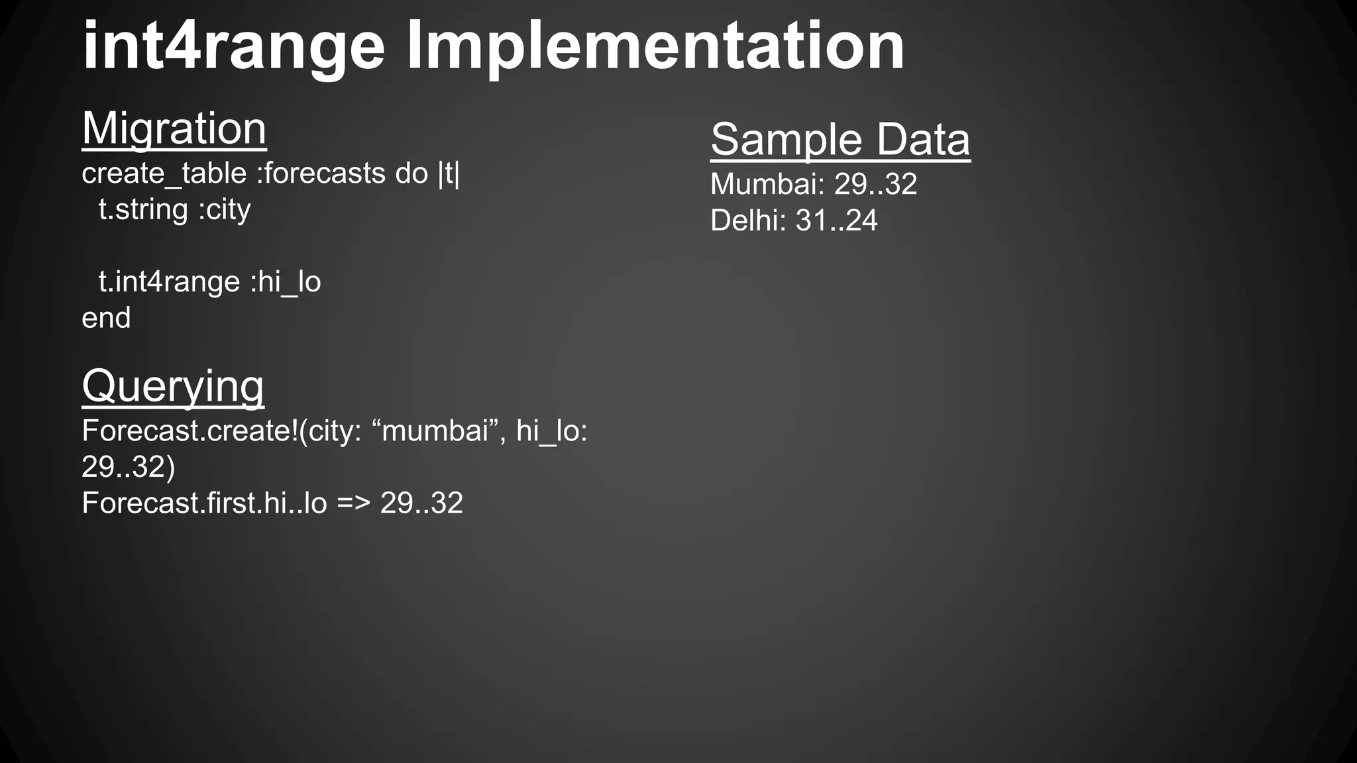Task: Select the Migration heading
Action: pyautogui.click(x=174, y=128)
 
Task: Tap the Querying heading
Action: pyautogui.click(x=173, y=386)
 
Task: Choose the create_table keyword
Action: pyautogui.click(x=164, y=174)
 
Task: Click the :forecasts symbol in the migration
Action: pyautogui.click(x=321, y=174)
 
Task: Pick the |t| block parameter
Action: pyautogui.click(x=449, y=174)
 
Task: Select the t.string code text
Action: pyautogui.click(x=143, y=210)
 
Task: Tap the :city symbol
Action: pyautogui.click(x=225, y=210)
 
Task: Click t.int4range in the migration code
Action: pyautogui.click(x=169, y=282)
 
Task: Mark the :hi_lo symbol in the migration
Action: pyautogui.click(x=286, y=282)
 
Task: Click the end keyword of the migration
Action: pyautogui.click(x=106, y=319)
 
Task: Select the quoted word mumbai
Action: pyautogui.click(x=435, y=431)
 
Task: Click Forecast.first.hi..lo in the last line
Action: pyautogui.click(x=204, y=503)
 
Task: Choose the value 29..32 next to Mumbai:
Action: pyautogui.click(x=875, y=184)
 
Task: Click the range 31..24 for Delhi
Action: pyautogui.click(x=836, y=221)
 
